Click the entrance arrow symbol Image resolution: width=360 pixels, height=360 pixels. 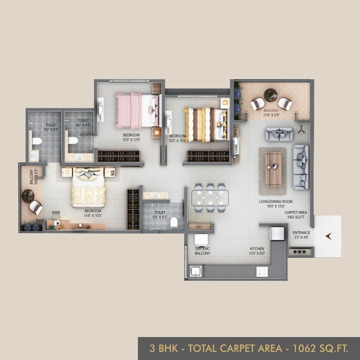pyautogui.click(x=328, y=235)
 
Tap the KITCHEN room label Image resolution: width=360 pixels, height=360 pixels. pyautogui.click(x=257, y=248)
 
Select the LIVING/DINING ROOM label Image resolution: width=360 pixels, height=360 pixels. pyautogui.click(x=275, y=201)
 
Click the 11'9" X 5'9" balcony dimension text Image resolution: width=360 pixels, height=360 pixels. pyautogui.click(x=272, y=115)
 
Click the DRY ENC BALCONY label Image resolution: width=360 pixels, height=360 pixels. pyautogui.click(x=202, y=251)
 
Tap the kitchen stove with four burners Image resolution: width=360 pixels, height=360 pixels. pyautogui.click(x=262, y=271)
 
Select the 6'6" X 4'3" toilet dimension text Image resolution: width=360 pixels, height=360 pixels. pyautogui.click(x=160, y=217)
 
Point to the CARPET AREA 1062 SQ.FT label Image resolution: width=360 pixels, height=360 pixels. pyautogui.click(x=295, y=214)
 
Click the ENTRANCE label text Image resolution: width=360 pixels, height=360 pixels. pyautogui.click(x=301, y=233)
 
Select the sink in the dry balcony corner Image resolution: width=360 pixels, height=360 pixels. pyautogui.click(x=196, y=271)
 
